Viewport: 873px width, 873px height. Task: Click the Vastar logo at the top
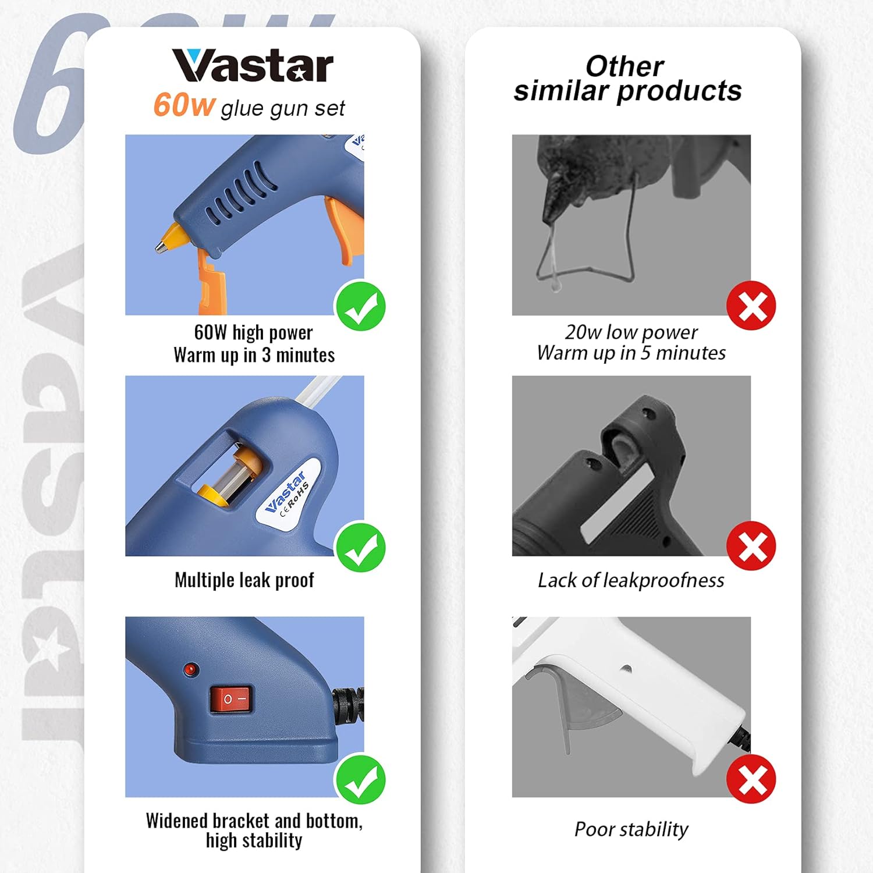pyautogui.click(x=252, y=66)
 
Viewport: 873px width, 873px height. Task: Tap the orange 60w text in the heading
pyautogui.click(x=184, y=105)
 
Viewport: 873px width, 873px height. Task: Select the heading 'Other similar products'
pyautogui.click(x=627, y=79)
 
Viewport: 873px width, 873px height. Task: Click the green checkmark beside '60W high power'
pyautogui.click(x=360, y=306)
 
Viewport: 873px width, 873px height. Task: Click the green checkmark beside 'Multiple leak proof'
pyautogui.click(x=360, y=547)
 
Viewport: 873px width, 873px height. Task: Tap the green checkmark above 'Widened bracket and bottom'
pyautogui.click(x=360, y=780)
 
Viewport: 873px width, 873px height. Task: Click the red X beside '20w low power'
pyautogui.click(x=751, y=306)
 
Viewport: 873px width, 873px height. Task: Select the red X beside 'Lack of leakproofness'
pyautogui.click(x=751, y=546)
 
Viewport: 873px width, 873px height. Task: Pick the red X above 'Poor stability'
pyautogui.click(x=751, y=779)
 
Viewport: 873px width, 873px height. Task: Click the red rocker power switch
pyautogui.click(x=232, y=699)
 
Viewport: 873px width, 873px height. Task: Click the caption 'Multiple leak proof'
pyautogui.click(x=244, y=580)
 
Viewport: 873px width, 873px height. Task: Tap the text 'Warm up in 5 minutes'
pyautogui.click(x=631, y=353)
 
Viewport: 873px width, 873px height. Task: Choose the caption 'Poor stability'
pyautogui.click(x=631, y=829)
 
